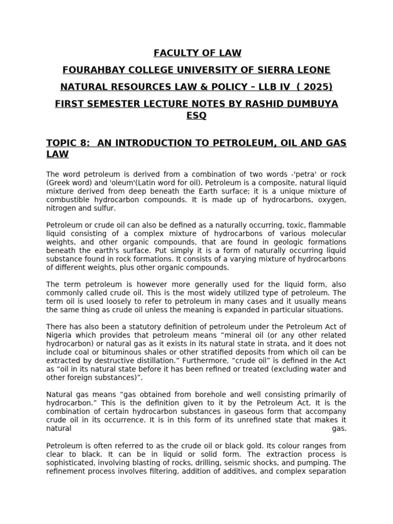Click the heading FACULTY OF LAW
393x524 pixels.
click(196, 53)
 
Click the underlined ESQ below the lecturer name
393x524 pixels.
click(196, 116)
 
